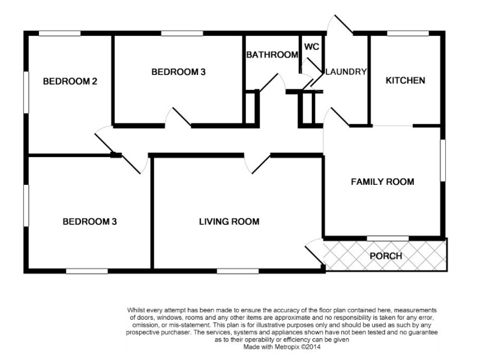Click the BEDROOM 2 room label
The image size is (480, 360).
(70, 82)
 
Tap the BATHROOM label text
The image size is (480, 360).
(272, 55)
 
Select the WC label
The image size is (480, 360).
(311, 47)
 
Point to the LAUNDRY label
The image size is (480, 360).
(346, 71)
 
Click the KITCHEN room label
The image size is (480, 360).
(405, 80)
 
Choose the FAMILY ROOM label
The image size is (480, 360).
(382, 181)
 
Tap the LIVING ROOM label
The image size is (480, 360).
(229, 221)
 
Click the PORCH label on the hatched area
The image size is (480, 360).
(385, 256)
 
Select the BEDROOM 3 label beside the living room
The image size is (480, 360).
(89, 221)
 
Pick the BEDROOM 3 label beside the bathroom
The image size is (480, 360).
(178, 72)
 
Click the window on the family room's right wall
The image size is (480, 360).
(443, 159)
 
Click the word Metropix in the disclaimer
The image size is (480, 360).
(287, 347)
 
